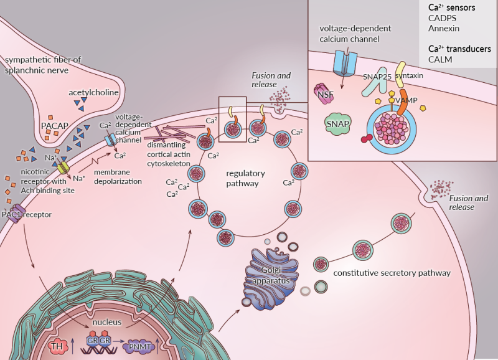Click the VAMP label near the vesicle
click(x=405, y=100)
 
